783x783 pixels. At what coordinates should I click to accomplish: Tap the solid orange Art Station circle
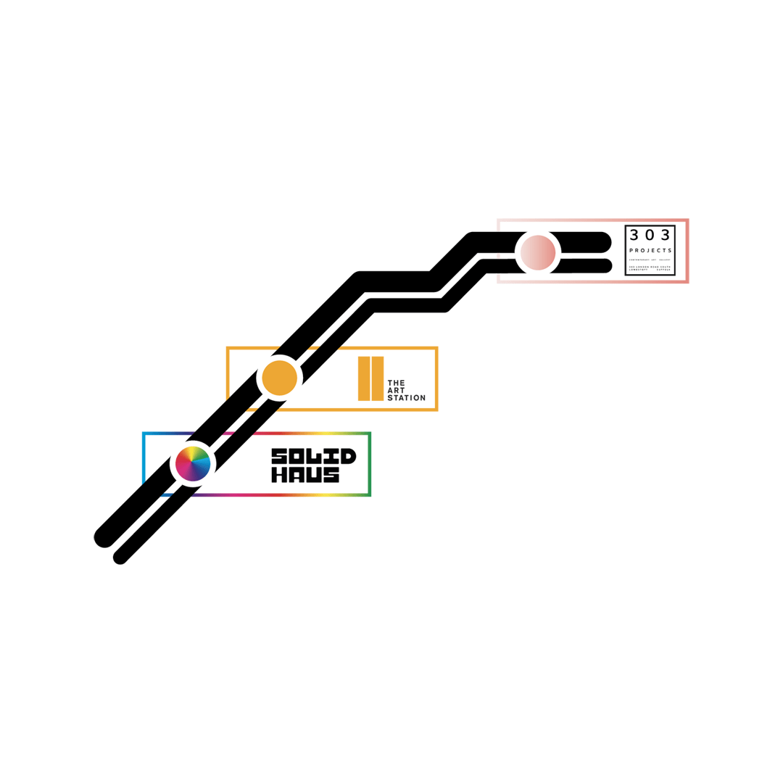point(279,378)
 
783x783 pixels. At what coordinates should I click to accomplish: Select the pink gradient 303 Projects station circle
point(537,252)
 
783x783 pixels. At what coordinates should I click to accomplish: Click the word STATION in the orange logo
point(405,398)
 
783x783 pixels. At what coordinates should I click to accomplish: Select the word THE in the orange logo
point(396,382)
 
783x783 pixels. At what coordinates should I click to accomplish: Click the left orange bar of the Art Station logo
point(364,378)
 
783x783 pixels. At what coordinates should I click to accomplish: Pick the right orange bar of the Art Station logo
point(377,378)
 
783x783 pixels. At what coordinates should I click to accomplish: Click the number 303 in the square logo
point(650,234)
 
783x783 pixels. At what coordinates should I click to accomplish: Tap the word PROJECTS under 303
point(650,250)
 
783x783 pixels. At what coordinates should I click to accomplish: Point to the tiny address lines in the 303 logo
point(650,267)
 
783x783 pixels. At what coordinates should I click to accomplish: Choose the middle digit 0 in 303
point(650,234)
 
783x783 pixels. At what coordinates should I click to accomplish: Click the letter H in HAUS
point(278,475)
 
